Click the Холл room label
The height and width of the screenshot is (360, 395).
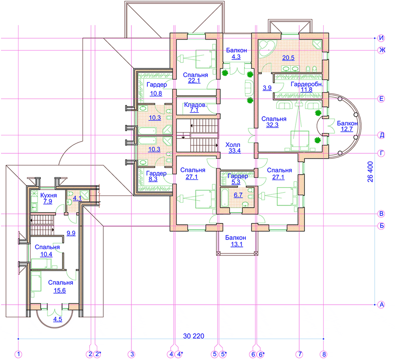pyautogui.click(x=233, y=145)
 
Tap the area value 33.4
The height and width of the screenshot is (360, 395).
pyautogui.click(x=235, y=151)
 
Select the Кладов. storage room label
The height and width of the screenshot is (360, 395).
pyautogui.click(x=195, y=105)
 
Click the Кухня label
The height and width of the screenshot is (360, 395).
pyautogui.click(x=48, y=195)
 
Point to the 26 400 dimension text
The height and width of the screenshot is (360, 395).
pyautogui.click(x=370, y=172)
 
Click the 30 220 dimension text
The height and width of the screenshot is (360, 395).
pyautogui.click(x=193, y=336)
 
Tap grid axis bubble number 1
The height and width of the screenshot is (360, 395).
pyautogui.click(x=18, y=354)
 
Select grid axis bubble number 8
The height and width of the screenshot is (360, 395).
pyautogui.click(x=324, y=354)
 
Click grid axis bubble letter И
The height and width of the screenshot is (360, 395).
pyautogui.click(x=381, y=38)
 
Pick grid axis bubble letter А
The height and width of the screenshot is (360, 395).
pyautogui.click(x=381, y=305)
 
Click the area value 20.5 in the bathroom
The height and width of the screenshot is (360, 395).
pyautogui.click(x=288, y=58)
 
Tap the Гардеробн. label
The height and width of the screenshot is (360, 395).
pyautogui.click(x=307, y=84)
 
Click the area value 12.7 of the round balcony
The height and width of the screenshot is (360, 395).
pyautogui.click(x=347, y=129)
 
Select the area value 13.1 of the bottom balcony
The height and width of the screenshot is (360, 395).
pyautogui.click(x=237, y=244)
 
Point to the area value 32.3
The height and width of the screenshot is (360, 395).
pyautogui.click(x=272, y=125)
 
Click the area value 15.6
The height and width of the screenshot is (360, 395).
pyautogui.click(x=60, y=290)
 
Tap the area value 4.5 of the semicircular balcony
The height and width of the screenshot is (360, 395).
pyautogui.click(x=58, y=319)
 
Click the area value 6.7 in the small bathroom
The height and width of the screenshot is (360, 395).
pyautogui.click(x=238, y=195)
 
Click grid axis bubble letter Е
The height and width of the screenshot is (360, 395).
pyautogui.click(x=381, y=99)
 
